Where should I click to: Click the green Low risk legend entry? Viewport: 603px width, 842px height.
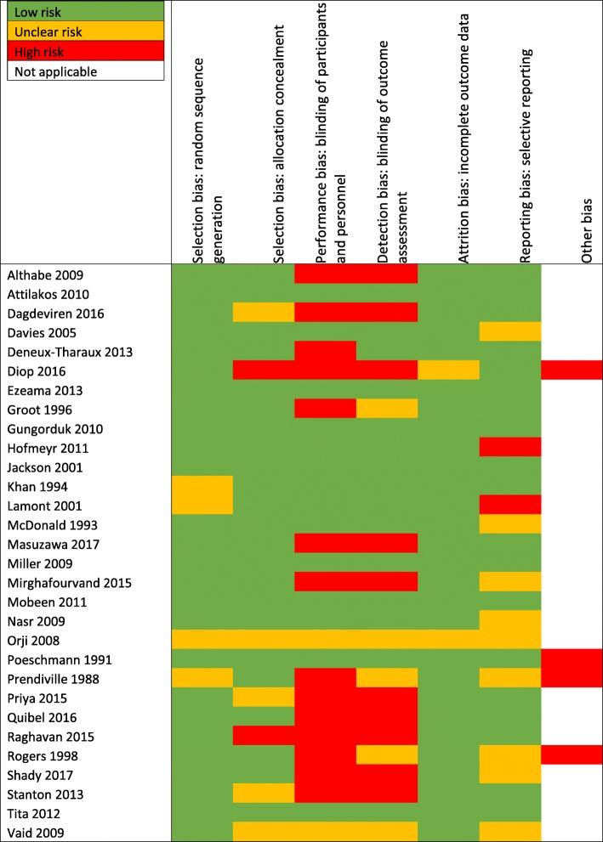pos(85,14)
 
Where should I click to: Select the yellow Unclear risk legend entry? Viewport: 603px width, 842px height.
pos(85,32)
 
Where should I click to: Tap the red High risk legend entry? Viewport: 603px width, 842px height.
pos(85,52)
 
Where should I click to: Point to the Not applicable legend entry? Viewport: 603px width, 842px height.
pos(85,71)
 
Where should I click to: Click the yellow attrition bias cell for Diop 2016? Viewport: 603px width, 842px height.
pos(448,371)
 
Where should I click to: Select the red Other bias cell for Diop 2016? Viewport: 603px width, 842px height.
pos(572,371)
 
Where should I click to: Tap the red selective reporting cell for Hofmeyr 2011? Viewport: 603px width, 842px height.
pos(510,448)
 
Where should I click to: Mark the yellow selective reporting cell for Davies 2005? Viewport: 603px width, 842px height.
pos(510,332)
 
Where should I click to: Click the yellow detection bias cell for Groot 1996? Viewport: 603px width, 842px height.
pos(387,410)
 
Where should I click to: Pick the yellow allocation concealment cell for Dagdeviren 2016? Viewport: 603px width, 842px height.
pos(264,314)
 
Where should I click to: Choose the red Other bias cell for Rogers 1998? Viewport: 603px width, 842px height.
pos(572,755)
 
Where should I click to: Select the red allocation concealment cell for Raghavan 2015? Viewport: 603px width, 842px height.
pos(264,736)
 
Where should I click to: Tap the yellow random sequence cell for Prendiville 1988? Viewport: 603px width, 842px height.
pos(202,678)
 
